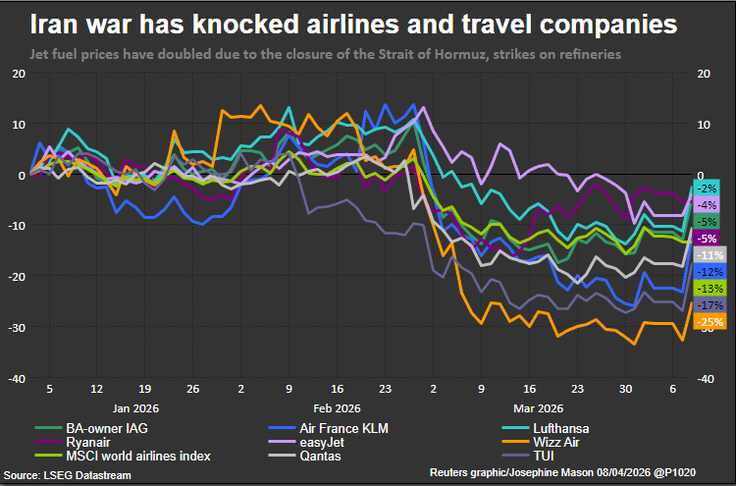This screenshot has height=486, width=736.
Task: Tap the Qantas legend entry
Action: click(x=323, y=456)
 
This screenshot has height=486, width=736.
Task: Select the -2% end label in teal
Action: click(x=708, y=188)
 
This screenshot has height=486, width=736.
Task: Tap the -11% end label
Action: click(x=708, y=254)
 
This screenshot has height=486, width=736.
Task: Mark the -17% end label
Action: click(x=708, y=304)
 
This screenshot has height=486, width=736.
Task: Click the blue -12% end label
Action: click(x=708, y=271)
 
